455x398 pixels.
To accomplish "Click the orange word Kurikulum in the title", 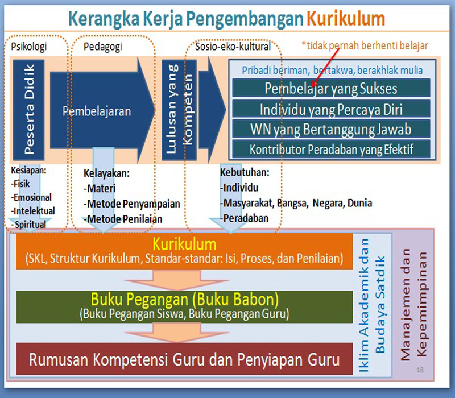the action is (x=346, y=19).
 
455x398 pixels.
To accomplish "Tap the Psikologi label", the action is (x=29, y=47).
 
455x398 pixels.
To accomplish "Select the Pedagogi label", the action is (x=103, y=47).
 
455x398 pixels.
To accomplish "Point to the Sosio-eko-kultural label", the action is (x=233, y=46).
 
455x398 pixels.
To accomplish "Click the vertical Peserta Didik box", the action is (x=29, y=110).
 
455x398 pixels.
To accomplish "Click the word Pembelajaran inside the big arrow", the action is (x=97, y=111).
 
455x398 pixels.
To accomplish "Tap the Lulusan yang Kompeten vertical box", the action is (x=179, y=110).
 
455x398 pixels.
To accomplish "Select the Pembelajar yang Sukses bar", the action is (x=331, y=88).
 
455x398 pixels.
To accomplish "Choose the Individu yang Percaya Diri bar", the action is (x=331, y=109).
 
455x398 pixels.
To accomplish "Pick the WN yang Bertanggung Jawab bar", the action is (x=331, y=129).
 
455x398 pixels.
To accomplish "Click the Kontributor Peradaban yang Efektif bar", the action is (x=331, y=149).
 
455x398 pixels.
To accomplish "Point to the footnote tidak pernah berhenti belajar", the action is (x=365, y=45).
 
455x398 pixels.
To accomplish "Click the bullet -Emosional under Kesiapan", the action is (x=31, y=197).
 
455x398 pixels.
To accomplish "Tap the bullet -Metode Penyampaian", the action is (x=132, y=204).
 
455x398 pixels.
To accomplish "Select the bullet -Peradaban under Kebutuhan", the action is (x=244, y=218).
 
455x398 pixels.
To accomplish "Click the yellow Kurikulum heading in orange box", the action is (x=184, y=244).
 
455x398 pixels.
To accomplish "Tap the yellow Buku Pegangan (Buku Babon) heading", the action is (x=185, y=299).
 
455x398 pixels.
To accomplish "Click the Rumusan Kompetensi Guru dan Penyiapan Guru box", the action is (x=184, y=359).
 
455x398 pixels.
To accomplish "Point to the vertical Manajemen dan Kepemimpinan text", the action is (x=414, y=304).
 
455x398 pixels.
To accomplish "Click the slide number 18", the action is (x=420, y=370).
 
